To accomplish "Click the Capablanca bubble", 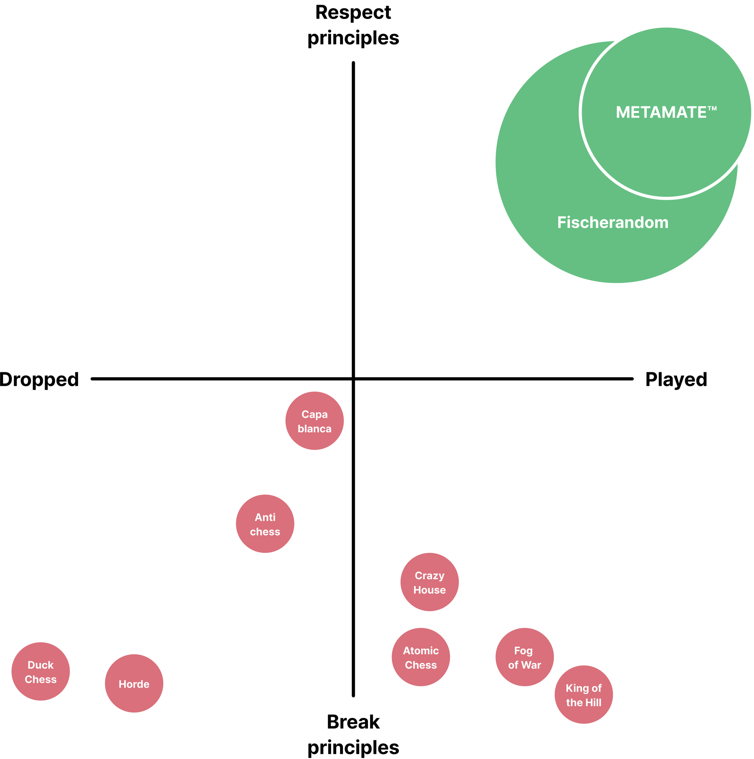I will point(314,421).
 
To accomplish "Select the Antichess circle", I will point(265,524).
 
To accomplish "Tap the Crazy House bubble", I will point(429,582).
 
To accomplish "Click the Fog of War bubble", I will point(525,657).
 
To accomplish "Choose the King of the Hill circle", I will point(583,695).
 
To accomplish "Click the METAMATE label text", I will point(661,112).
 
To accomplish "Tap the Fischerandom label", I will point(613,222).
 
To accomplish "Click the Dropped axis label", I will point(39,379).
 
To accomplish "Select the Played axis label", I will point(676,379).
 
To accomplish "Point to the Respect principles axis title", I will point(353,25).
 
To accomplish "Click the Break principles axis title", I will point(353,735).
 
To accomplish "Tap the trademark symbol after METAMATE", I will point(712,108).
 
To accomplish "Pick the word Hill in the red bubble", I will point(593,702).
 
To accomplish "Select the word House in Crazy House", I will point(429,590).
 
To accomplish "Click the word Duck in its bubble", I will point(41,665).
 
